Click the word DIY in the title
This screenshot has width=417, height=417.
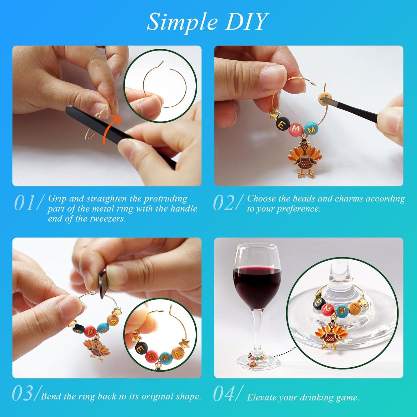point(246,22)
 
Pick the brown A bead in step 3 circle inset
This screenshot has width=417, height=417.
point(178,354)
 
